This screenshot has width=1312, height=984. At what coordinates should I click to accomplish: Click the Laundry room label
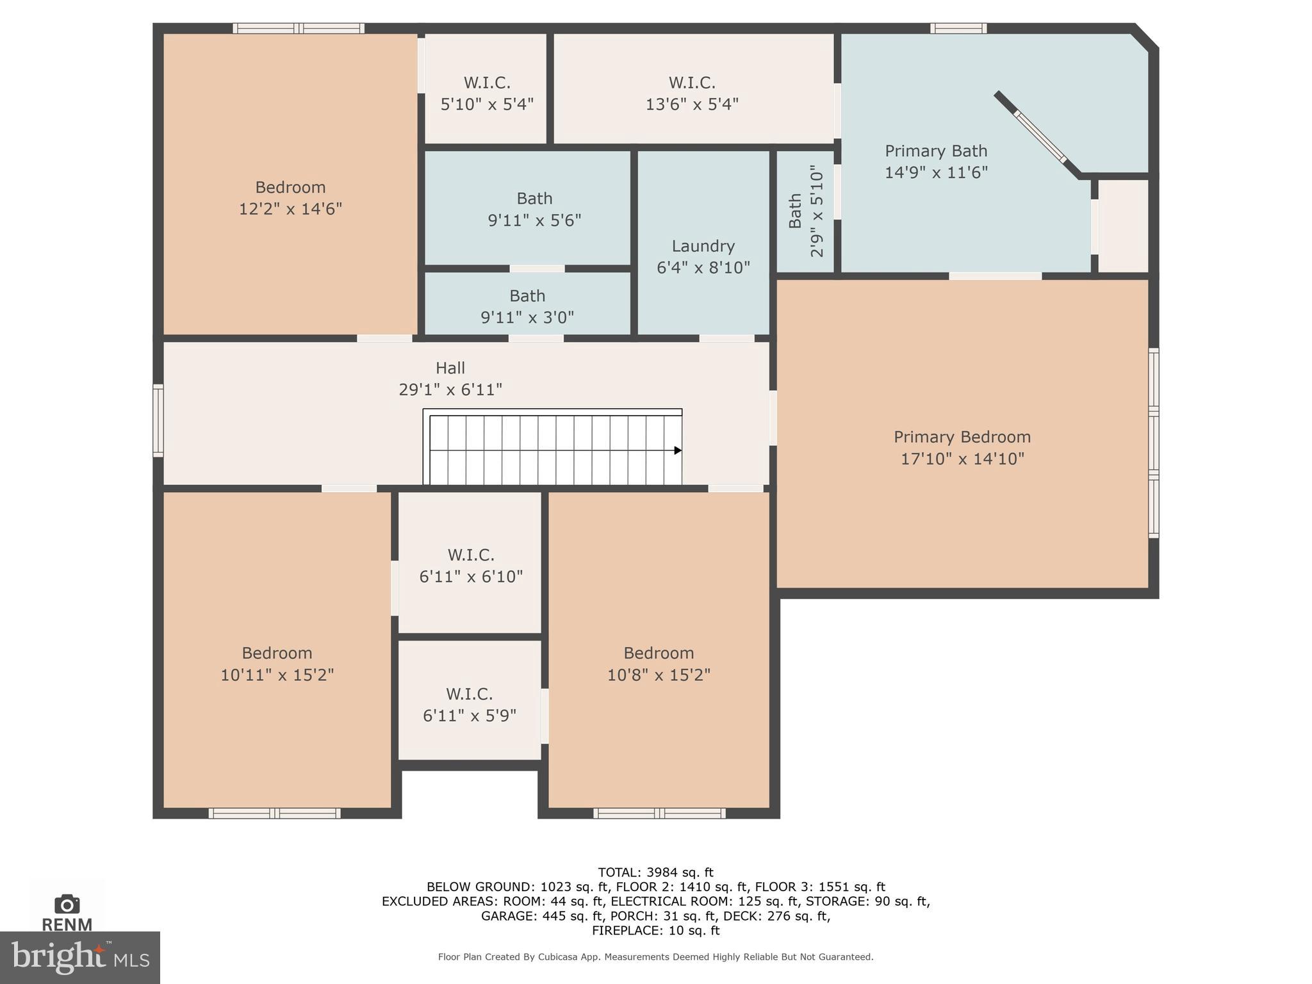(x=703, y=246)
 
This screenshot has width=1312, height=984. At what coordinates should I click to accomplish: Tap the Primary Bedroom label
(x=962, y=437)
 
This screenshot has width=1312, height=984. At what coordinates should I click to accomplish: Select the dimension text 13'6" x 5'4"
(x=692, y=104)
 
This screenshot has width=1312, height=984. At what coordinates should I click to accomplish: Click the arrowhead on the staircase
(x=677, y=450)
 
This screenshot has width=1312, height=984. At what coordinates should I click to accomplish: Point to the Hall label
(x=450, y=368)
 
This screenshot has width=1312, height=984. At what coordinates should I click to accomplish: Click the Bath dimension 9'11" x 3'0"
(x=527, y=317)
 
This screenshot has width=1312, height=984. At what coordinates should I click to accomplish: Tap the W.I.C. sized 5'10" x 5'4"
(x=487, y=93)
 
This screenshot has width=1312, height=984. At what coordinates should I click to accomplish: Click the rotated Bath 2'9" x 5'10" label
(x=805, y=211)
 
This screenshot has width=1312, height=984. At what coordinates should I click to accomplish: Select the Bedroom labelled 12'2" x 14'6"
(x=290, y=197)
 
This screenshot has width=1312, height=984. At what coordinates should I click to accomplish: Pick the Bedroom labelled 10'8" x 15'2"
(x=659, y=663)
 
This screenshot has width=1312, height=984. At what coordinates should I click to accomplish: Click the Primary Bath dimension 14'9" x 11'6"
(x=936, y=172)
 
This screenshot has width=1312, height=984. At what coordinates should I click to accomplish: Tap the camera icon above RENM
(x=67, y=904)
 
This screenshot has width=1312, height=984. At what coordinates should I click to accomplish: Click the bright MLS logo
(x=79, y=957)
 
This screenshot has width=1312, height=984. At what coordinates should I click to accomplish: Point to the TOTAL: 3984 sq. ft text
(x=655, y=872)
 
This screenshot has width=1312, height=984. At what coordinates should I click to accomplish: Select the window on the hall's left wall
(x=158, y=420)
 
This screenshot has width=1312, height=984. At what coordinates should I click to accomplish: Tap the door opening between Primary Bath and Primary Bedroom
(x=995, y=276)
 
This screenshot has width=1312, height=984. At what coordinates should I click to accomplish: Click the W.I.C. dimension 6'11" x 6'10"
(x=471, y=577)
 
